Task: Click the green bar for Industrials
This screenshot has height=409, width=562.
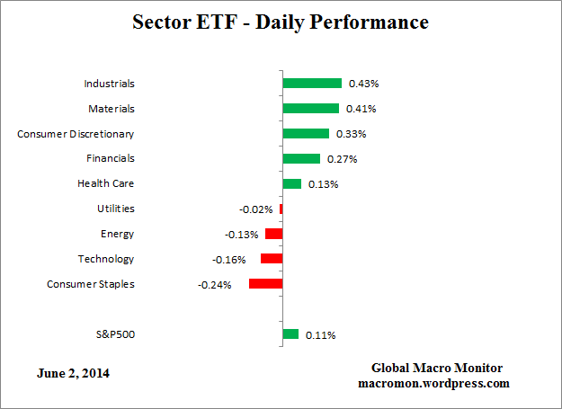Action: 311,83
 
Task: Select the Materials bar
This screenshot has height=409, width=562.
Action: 310,108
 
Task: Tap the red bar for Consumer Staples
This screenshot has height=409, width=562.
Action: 265,284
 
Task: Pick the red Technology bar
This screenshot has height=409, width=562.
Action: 272,259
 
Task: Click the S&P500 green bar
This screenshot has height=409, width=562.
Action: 290,334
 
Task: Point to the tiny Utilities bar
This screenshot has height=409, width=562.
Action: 281,209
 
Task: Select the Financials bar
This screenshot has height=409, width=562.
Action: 301,158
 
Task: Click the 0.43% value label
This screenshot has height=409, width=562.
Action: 364,84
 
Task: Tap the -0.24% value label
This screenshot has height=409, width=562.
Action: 215,285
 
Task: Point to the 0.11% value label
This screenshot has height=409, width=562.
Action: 321,335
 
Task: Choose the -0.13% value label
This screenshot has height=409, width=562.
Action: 242,235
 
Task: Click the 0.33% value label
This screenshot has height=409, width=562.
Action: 351,134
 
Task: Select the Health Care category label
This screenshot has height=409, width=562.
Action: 106,183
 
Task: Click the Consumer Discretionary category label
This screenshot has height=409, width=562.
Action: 76,133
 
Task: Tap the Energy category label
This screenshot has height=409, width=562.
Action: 117,234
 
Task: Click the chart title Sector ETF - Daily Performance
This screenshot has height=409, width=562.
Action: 281,21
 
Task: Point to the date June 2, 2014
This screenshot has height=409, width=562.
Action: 75,372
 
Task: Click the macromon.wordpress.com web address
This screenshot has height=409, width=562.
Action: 436,383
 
